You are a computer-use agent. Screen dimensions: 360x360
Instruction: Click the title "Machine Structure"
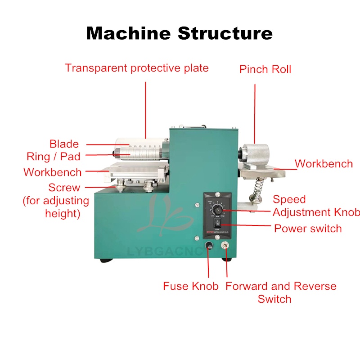click(179, 33)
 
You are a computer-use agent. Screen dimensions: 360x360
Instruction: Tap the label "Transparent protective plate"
click(137, 68)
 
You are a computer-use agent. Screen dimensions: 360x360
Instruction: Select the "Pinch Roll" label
click(265, 69)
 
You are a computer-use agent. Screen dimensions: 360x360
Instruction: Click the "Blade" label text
click(64, 144)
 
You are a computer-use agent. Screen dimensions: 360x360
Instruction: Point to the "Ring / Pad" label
click(53, 156)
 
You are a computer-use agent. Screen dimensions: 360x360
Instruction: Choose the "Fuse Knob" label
click(190, 286)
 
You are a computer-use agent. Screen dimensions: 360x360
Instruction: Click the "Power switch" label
click(308, 228)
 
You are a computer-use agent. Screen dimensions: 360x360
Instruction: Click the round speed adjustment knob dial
click(218, 209)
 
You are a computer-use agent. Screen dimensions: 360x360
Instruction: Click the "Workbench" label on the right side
click(324, 163)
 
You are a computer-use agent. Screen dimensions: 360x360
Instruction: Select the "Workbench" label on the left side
click(53, 172)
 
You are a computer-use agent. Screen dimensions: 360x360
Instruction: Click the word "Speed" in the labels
click(289, 199)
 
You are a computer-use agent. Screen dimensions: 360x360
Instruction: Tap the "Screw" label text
click(64, 188)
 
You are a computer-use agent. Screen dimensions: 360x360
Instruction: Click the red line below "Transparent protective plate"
click(146, 108)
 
